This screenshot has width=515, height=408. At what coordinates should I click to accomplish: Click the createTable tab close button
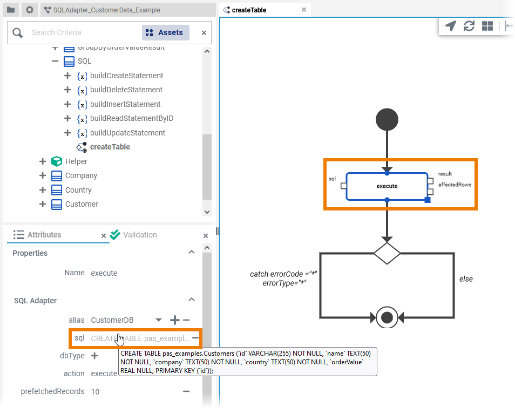(x=304, y=10)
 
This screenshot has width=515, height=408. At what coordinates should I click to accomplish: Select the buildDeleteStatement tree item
(x=126, y=90)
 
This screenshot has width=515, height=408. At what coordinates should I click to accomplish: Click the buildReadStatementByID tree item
(x=131, y=118)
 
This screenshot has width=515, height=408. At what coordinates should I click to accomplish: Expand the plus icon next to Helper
(x=43, y=161)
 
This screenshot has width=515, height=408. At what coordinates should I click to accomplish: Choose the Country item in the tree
(x=78, y=190)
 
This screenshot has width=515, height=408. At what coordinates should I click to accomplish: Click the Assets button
(x=166, y=32)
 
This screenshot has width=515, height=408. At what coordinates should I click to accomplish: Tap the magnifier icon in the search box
(x=18, y=33)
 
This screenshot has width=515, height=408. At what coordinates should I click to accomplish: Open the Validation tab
(x=139, y=235)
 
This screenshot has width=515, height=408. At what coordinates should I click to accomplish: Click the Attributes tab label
(x=44, y=235)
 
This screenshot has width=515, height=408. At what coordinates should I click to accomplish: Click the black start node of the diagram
(x=387, y=119)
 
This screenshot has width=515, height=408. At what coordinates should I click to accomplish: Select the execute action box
(x=387, y=186)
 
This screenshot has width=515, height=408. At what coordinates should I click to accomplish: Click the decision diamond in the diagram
(x=387, y=253)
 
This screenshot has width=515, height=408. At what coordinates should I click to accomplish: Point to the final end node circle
(x=387, y=317)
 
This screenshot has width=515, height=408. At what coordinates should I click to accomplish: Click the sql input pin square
(x=343, y=186)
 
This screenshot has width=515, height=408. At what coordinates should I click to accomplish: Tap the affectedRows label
(x=455, y=185)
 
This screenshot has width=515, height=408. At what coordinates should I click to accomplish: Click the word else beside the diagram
(x=466, y=279)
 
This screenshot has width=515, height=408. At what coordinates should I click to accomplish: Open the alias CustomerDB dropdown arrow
(x=158, y=320)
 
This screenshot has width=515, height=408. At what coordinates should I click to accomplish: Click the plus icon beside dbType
(x=94, y=356)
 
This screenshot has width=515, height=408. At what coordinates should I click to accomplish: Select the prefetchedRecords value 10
(x=95, y=391)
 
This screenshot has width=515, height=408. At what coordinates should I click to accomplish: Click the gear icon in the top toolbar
(x=30, y=10)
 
